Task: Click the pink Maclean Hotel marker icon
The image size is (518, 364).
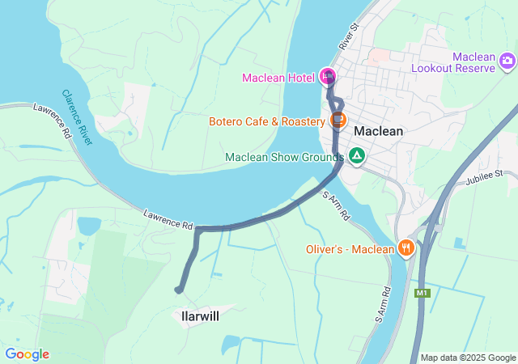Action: [328, 76]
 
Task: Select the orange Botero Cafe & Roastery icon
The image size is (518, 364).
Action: [338, 121]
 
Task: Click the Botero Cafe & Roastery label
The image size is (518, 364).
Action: [266, 122]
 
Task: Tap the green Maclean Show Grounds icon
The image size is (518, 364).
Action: [356, 155]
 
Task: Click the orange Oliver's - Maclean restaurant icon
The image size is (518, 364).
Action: [405, 248]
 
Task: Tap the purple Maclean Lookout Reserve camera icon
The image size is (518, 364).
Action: [507, 60]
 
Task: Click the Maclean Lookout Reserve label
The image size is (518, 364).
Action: [462, 62]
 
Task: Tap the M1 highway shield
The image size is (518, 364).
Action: [422, 293]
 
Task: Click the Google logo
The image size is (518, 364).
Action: [27, 354]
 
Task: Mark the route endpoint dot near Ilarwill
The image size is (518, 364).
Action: [179, 290]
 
